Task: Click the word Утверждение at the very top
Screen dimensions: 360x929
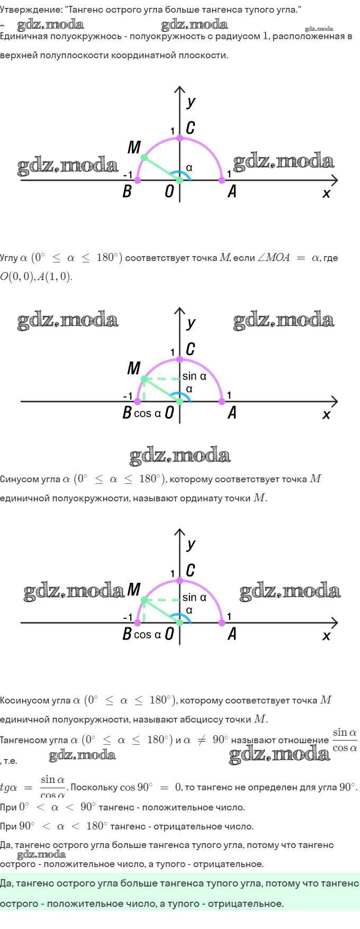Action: (x=30, y=10)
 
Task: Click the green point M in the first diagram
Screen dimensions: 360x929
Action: (x=143, y=158)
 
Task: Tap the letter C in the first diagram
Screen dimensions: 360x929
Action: (x=191, y=128)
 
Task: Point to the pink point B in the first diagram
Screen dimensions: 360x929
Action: (x=138, y=181)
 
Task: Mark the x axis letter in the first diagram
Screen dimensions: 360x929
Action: (x=326, y=194)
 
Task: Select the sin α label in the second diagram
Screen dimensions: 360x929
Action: (x=194, y=376)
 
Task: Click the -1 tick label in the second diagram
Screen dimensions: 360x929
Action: (x=128, y=396)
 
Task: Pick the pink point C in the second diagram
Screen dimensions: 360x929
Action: (x=179, y=359)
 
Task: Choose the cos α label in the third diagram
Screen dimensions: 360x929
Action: (x=147, y=635)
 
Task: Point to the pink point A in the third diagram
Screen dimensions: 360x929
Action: (x=222, y=623)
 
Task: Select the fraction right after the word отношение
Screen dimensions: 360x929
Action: (x=345, y=740)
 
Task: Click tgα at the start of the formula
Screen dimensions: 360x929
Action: (x=9, y=788)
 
